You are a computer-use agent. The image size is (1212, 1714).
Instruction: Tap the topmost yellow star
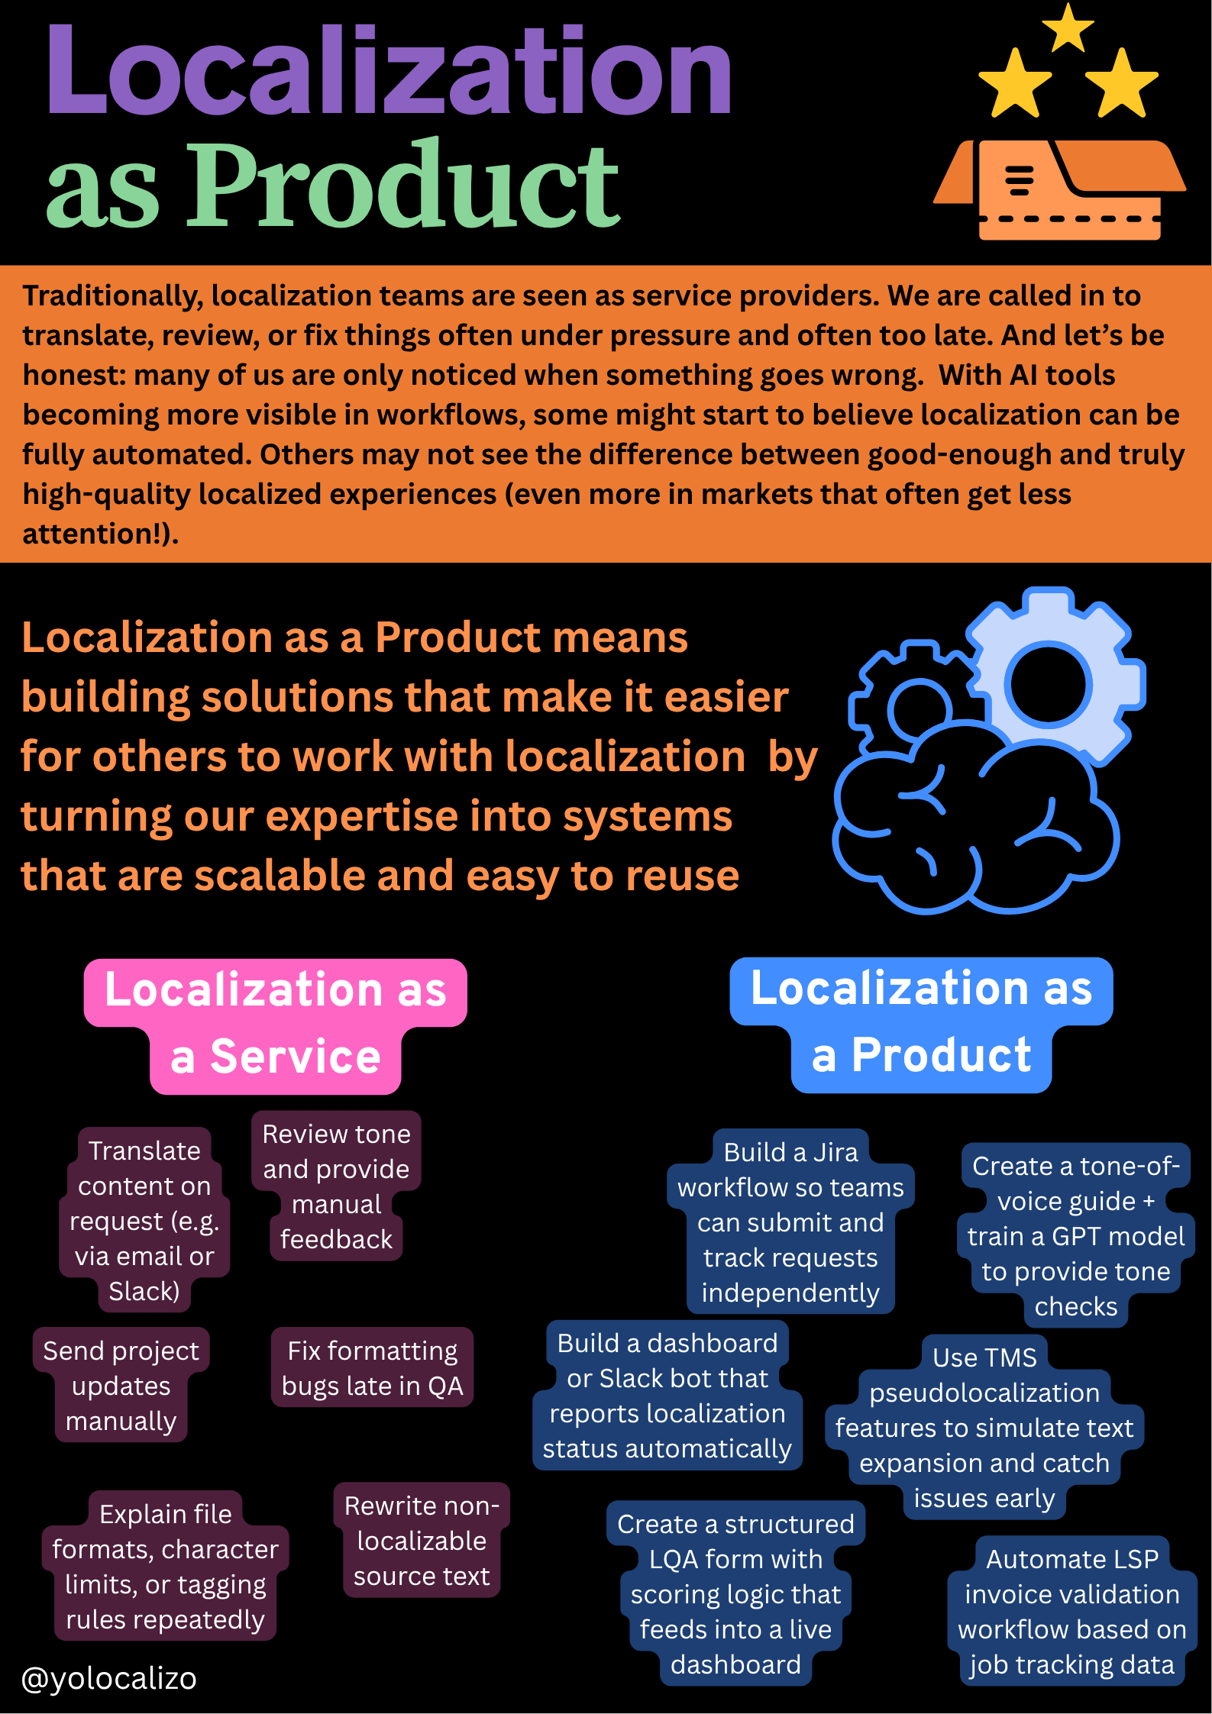coord(1068,27)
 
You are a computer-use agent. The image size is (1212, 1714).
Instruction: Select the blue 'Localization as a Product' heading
coord(921,1023)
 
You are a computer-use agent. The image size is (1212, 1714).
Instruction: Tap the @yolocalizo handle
coord(109,1678)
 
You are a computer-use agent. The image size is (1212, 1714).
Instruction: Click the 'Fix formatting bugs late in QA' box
coord(372,1368)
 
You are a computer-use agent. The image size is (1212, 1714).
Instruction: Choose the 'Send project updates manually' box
coord(121,1386)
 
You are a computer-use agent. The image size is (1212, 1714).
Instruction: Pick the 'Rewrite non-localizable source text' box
coord(422,1541)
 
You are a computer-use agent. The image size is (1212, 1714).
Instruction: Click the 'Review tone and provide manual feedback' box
coord(336,1186)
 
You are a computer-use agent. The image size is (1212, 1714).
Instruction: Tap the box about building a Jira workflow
coord(790,1222)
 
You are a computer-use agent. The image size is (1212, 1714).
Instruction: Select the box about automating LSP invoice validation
coord(1071,1612)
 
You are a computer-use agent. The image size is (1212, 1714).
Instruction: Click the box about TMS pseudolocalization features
coord(984,1428)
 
